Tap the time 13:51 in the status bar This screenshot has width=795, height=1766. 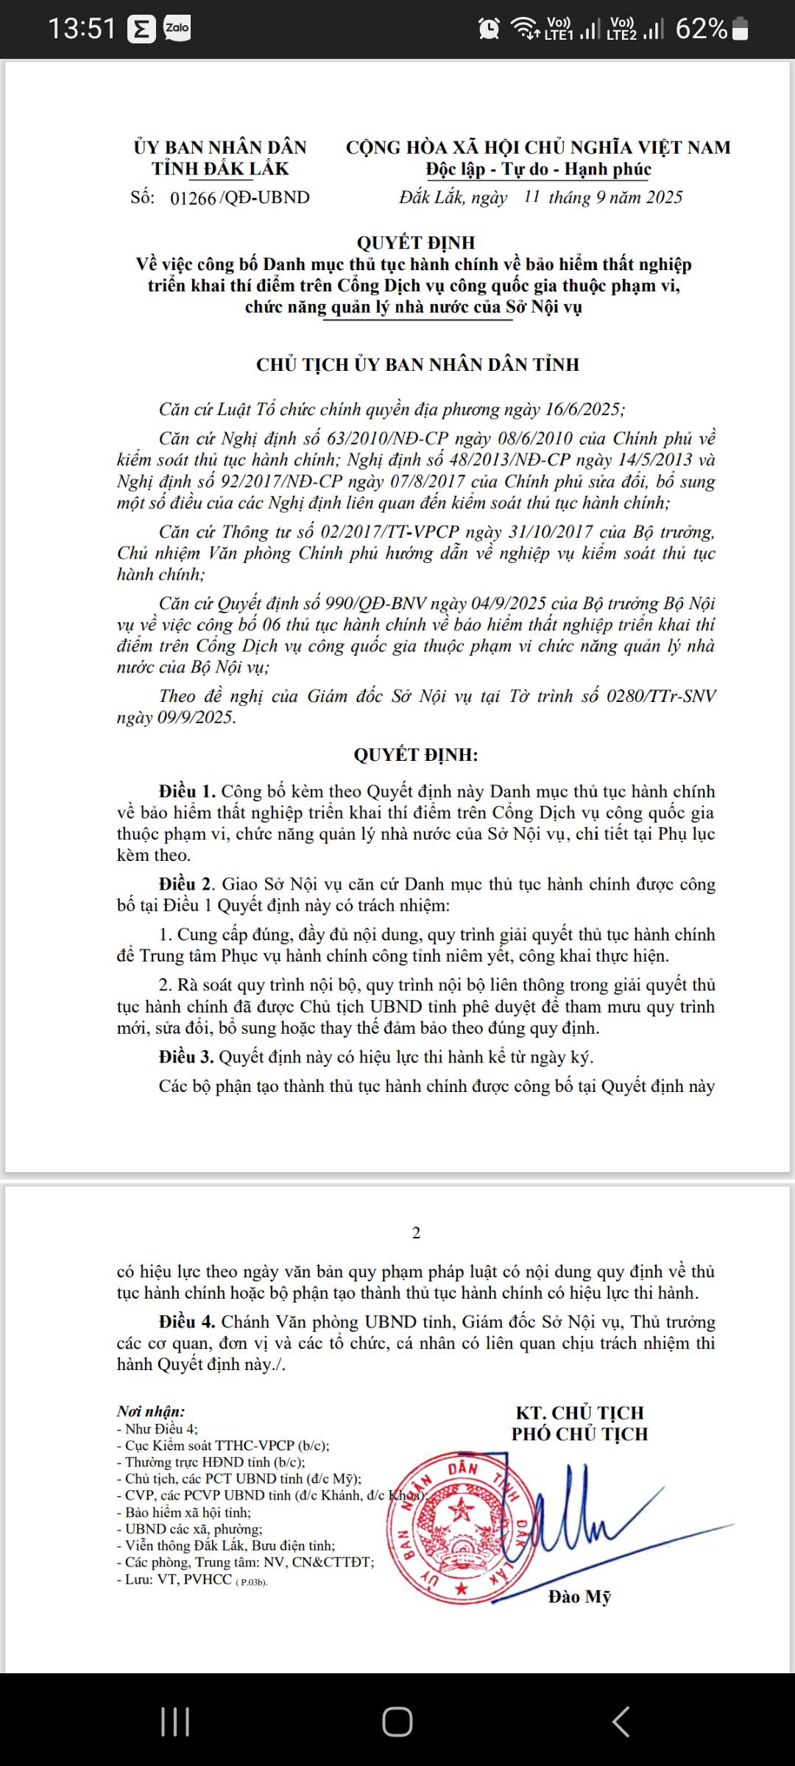coord(82,29)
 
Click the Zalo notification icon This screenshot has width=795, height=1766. coord(177,29)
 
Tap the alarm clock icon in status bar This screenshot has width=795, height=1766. coord(489,29)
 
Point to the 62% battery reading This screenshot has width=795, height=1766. coord(701,29)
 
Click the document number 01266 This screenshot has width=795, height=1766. coord(193,198)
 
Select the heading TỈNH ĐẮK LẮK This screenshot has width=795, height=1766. coord(220,169)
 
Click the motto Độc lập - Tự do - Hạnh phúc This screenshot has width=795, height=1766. coord(538,169)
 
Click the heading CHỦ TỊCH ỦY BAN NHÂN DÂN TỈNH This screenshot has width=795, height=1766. coord(417,365)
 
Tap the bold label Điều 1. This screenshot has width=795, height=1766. coord(187,792)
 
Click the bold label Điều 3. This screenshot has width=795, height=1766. coord(187,1057)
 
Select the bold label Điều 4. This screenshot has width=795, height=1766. coord(187,1322)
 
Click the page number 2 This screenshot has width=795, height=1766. coord(417,1233)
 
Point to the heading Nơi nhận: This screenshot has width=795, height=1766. coord(151,1411)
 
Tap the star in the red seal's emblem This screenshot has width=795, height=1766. coord(462,1511)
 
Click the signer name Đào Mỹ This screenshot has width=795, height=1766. coord(579,1597)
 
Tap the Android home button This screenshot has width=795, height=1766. coord(397,1722)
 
